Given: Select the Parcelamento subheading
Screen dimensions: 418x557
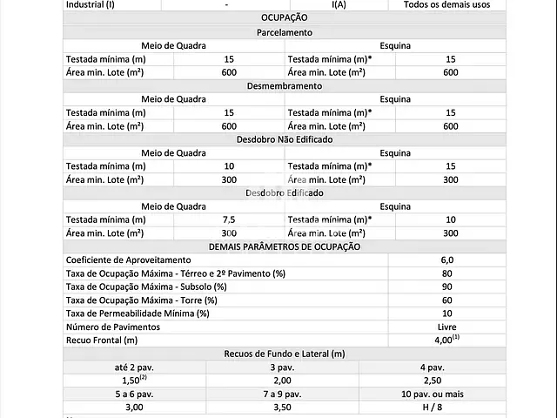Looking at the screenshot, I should click(284, 32).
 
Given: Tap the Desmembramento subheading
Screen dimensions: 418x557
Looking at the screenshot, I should click(284, 86).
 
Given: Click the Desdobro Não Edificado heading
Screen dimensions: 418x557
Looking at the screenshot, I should click(284, 139).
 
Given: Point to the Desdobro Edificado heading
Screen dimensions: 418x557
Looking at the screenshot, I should click(284, 192).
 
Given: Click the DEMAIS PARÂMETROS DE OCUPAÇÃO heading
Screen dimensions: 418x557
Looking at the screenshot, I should click(284, 246).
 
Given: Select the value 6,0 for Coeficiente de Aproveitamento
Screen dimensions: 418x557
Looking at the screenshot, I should click(446, 260).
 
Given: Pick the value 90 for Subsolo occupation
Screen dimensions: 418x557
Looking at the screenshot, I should click(446, 287).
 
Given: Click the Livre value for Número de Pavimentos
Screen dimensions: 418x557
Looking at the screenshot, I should click(446, 327).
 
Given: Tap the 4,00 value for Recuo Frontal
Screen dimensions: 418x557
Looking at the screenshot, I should click(446, 340).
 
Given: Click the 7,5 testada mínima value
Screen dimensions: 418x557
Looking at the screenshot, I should click(229, 219).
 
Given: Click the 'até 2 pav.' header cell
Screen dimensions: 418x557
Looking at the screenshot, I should click(134, 367).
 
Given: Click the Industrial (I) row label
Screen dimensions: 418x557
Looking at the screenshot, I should click(91, 4).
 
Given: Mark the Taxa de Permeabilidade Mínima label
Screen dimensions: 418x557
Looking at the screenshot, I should click(138, 313).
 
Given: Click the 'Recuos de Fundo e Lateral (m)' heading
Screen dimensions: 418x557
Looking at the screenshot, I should click(284, 354).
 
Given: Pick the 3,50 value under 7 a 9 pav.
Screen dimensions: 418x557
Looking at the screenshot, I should click(283, 407).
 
